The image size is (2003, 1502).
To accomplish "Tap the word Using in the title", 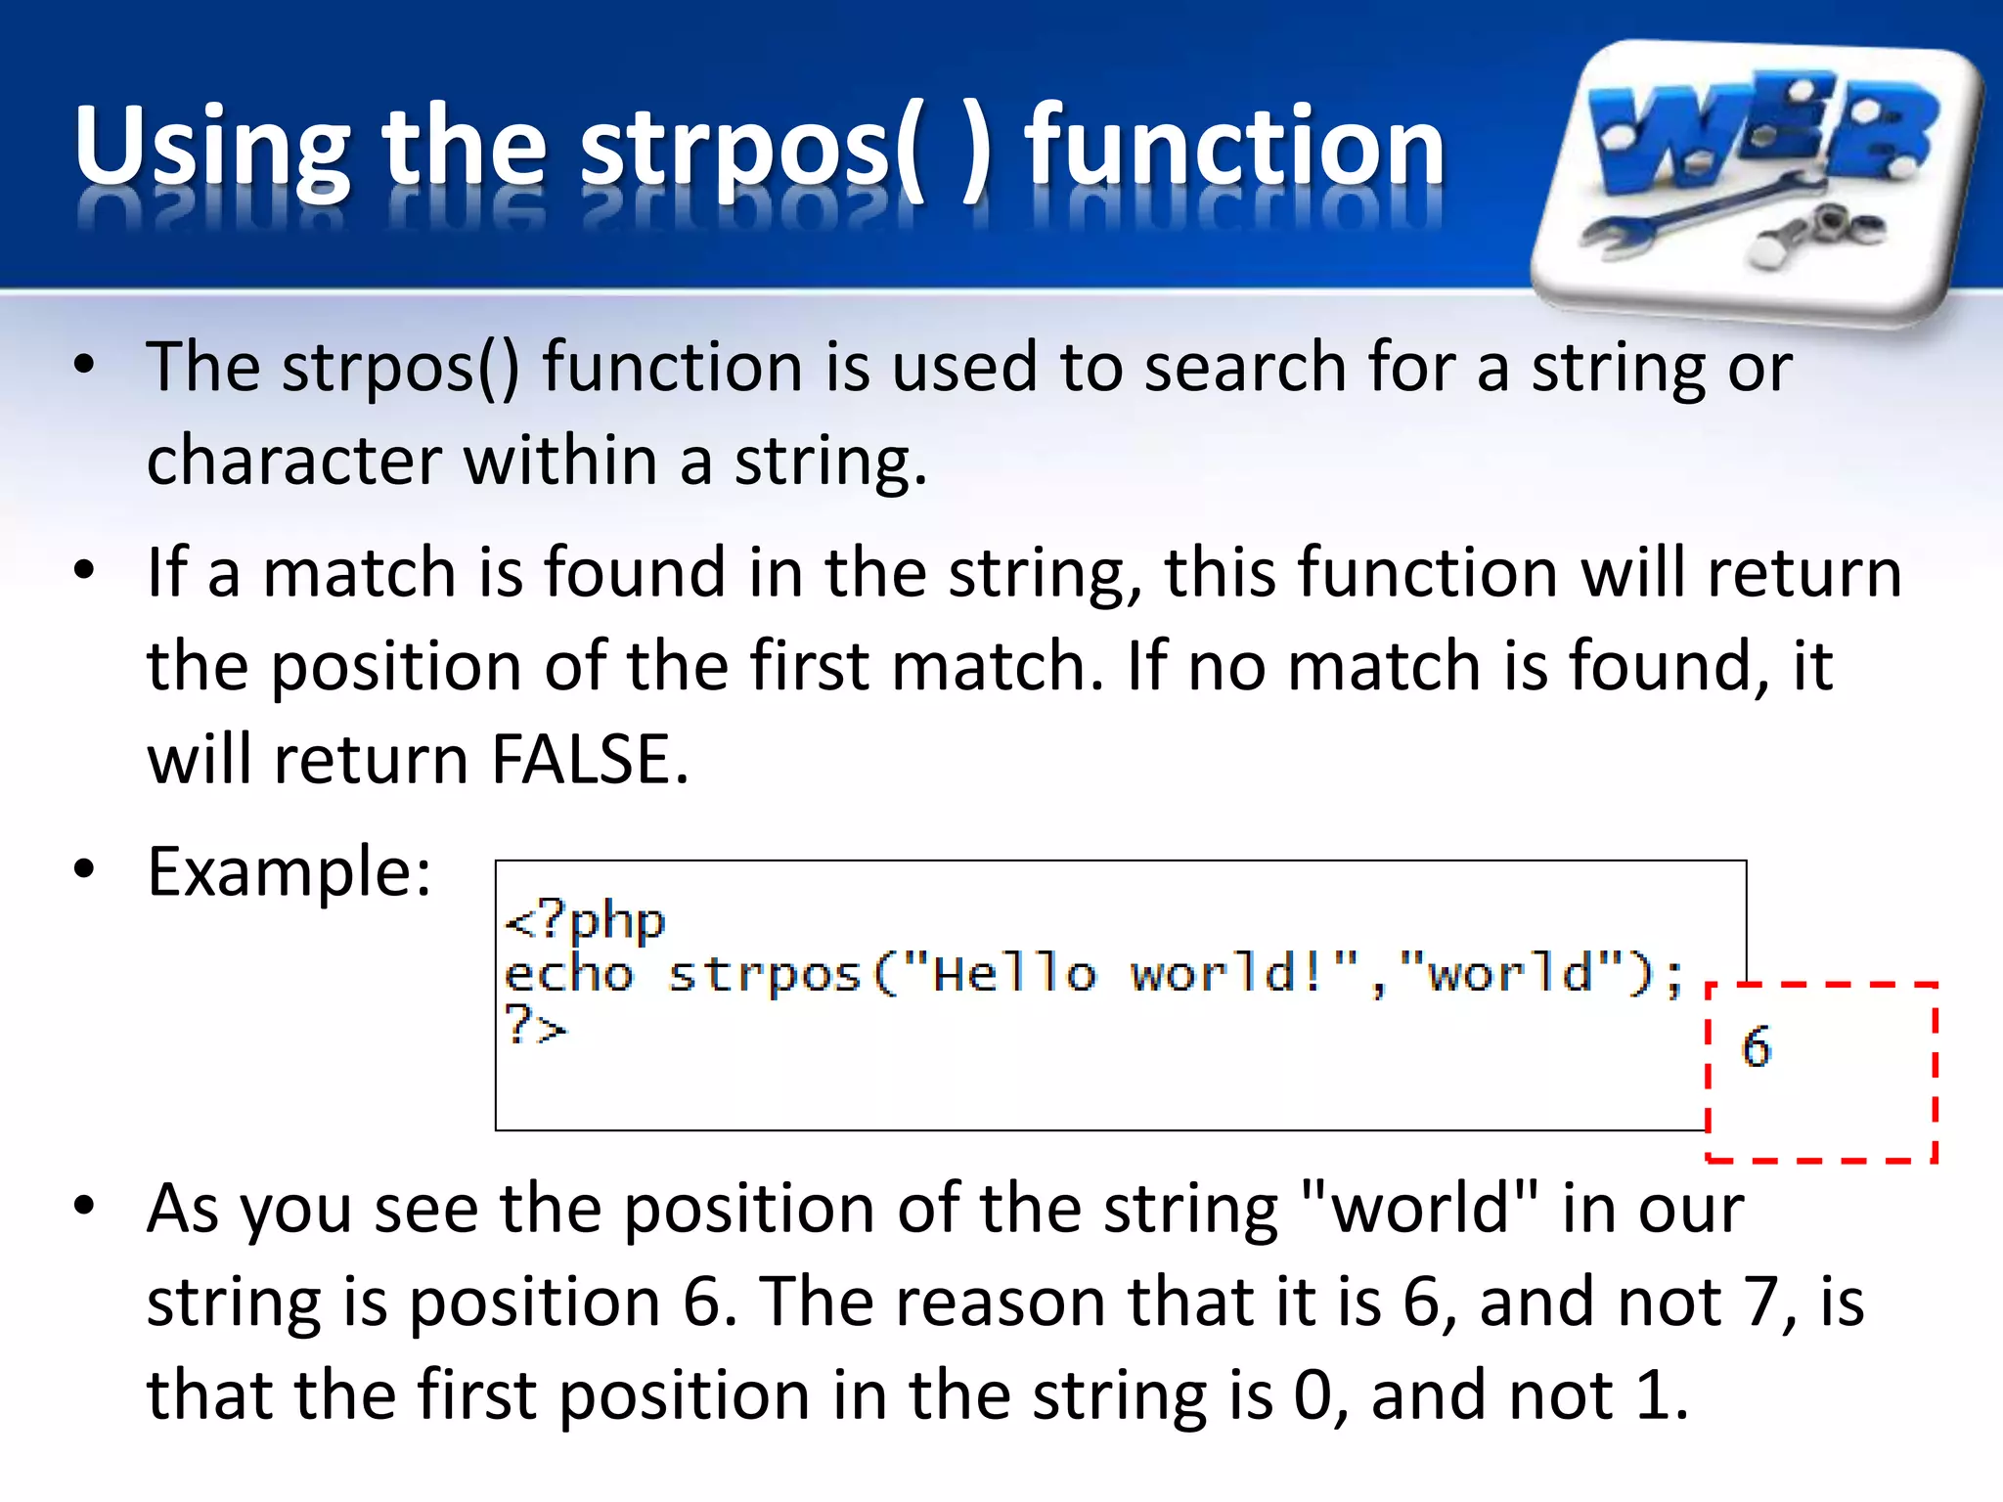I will click(211, 147).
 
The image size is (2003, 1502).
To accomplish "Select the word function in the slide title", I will click(1234, 147).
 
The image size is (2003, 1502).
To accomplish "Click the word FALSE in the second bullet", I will click(589, 760).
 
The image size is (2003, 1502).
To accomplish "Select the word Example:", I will click(289, 871).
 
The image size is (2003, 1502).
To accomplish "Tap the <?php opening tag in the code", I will click(585, 921).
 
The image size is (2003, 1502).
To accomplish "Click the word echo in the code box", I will click(568, 975).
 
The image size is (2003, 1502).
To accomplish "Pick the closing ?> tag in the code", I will click(535, 1026).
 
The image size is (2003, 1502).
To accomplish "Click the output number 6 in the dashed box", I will click(1756, 1046).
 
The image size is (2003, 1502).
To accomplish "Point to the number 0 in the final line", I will click(1313, 1395).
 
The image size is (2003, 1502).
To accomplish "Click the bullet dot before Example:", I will click(84, 869).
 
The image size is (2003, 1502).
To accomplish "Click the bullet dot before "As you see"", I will click(84, 1207).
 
